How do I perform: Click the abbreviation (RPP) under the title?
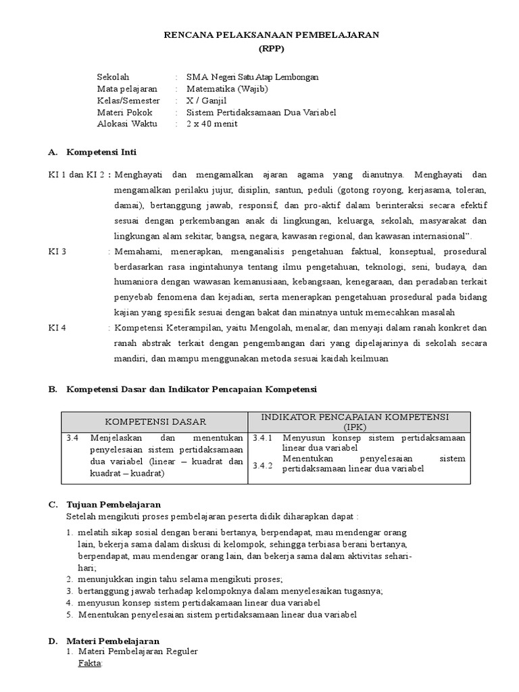click(x=273, y=49)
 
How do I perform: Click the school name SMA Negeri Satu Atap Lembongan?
click(x=252, y=77)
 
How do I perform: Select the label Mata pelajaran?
click(x=127, y=89)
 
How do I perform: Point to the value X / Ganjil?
click(x=207, y=100)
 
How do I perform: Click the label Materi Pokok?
click(x=125, y=112)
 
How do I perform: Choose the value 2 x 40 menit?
click(x=212, y=124)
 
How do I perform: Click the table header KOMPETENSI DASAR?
click(x=155, y=422)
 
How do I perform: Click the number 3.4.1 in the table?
click(x=262, y=438)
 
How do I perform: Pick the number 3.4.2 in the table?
click(x=262, y=466)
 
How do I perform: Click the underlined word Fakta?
click(x=90, y=664)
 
